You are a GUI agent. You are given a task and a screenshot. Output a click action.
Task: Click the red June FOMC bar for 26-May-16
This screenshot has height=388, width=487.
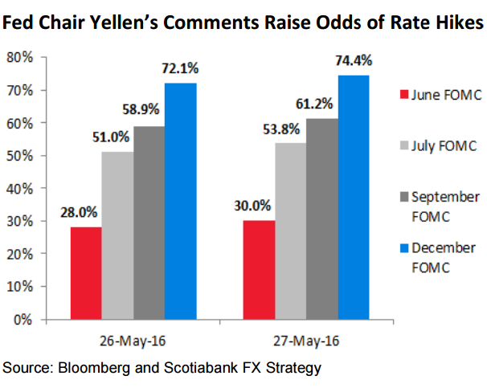86,273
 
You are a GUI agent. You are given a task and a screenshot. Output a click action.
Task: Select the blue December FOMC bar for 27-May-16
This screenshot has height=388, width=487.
354,197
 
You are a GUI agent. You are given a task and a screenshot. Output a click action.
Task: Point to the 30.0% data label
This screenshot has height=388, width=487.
258,204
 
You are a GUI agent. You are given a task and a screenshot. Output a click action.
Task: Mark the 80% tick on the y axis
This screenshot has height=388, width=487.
18,57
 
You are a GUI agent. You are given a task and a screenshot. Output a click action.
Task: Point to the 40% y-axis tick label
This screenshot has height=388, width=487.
18,188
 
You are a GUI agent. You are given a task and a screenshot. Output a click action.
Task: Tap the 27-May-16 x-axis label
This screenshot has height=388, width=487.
305,340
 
